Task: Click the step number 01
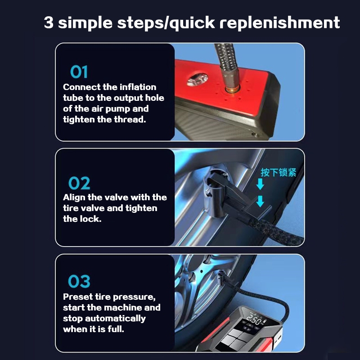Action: [79, 72]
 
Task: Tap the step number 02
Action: [79, 183]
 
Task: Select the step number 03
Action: [79, 281]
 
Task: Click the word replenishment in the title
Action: [279, 23]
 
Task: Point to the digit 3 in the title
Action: [49, 22]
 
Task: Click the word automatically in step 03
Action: [116, 319]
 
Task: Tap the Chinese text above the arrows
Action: [278, 172]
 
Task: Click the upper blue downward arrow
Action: [260, 184]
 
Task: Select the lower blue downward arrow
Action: [260, 201]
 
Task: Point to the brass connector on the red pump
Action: [232, 89]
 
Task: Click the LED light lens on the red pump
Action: [197, 80]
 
